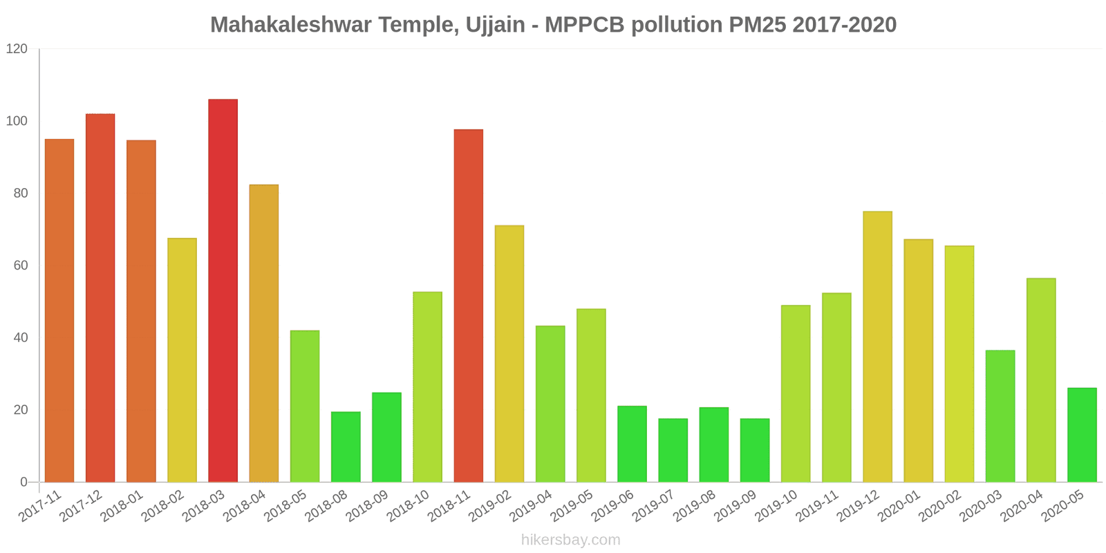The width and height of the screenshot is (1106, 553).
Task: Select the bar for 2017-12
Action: coord(100,298)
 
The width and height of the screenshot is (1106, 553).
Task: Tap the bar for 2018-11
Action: coord(469,306)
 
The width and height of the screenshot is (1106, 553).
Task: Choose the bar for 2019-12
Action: coord(877,346)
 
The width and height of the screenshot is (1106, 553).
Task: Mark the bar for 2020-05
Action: coord(1082,435)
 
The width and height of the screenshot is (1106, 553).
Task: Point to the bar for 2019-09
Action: coord(755,450)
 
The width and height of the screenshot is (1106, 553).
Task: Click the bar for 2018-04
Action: coord(264,333)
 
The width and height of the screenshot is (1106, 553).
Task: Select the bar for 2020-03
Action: coord(1000,416)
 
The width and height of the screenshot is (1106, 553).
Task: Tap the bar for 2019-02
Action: coord(509,353)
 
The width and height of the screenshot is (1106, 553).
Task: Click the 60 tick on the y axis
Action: coord(20,265)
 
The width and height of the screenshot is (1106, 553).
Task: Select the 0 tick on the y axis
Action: coord(24,482)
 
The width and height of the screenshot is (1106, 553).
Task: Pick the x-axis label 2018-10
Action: coord(409,507)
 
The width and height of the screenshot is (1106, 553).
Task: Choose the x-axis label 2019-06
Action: coord(614,507)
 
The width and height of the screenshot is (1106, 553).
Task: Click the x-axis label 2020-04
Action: coord(1022,507)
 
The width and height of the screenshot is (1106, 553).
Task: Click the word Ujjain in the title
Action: coord(495,25)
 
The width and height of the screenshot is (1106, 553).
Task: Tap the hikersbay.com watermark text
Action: coord(571,540)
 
